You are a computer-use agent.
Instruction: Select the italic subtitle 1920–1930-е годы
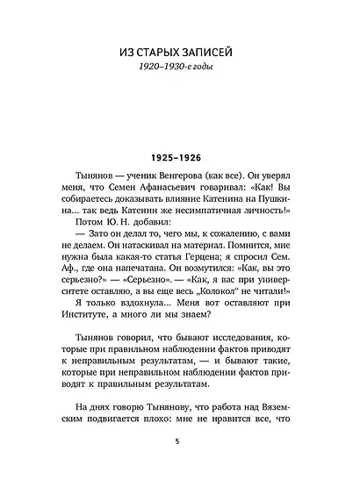[180, 71]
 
